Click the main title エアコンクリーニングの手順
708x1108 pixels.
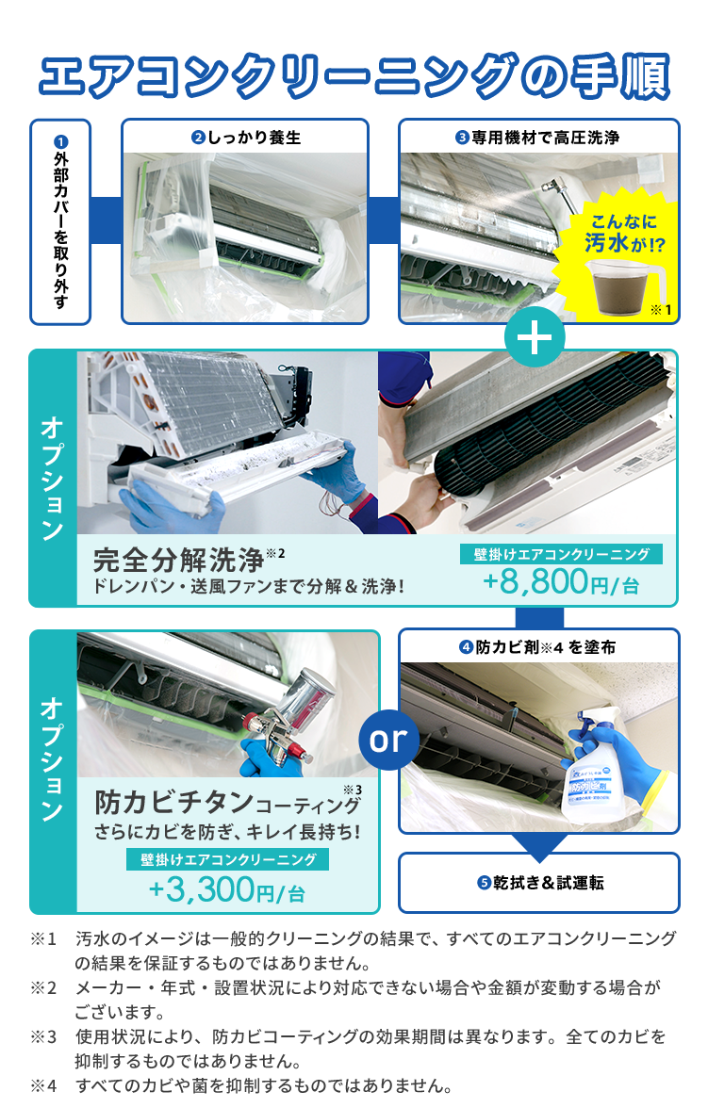pos(354,76)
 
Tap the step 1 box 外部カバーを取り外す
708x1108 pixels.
pos(60,222)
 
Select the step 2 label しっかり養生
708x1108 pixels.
pos(246,138)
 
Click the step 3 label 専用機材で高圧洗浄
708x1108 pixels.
pos(537,138)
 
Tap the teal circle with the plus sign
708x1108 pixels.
pos(535,337)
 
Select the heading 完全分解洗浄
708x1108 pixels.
pos(179,561)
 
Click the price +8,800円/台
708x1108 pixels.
pos(561,582)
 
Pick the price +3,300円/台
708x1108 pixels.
pos(226,889)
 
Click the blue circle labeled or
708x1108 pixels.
pos(388,739)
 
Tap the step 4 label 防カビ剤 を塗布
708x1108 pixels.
pos(537,646)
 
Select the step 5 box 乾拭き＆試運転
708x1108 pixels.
pos(539,883)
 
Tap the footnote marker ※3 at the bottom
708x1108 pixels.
pos(43,1036)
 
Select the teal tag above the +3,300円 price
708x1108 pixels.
pos(228,859)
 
